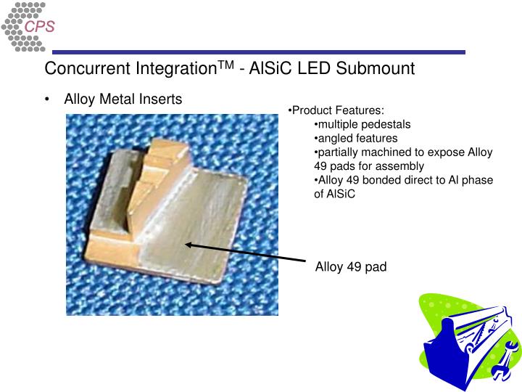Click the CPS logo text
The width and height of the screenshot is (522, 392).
pos(40,27)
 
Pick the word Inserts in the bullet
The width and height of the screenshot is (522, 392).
pos(161,99)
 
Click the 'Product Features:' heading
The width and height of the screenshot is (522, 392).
pos(336,110)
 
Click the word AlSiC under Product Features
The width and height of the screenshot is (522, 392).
pos(335,195)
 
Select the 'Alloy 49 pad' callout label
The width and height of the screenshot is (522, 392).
pos(351,267)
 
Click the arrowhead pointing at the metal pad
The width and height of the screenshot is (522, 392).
pos(189,245)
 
